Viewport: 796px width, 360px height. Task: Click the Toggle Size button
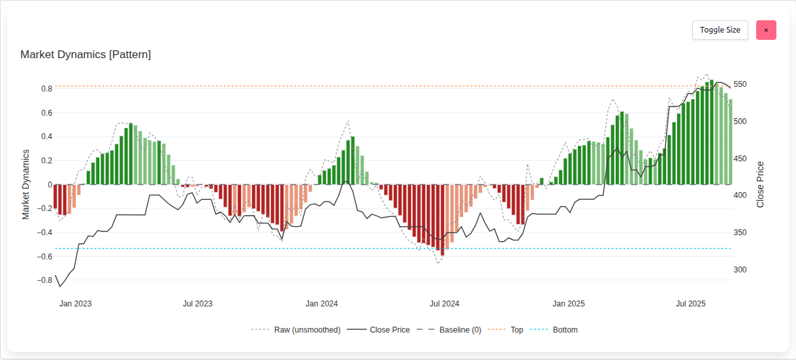720,30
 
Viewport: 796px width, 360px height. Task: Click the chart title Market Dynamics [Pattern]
86,55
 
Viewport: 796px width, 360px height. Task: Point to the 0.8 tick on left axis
46,89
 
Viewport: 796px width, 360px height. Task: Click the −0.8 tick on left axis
44,280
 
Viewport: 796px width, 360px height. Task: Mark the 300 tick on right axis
740,270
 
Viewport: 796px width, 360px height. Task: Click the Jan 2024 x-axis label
321,304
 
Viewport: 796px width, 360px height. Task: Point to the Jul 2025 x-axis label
690,304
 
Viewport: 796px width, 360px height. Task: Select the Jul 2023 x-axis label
197,304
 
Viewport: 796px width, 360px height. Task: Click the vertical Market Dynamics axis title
26,184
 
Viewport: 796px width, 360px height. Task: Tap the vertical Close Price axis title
760,184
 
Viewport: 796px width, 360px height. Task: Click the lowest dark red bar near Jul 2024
442,220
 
